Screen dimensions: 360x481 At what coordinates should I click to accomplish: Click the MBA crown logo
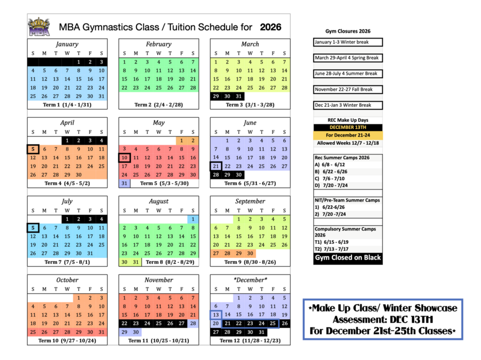39,27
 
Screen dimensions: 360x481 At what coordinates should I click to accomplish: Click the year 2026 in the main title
270,27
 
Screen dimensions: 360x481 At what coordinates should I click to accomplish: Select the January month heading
67,44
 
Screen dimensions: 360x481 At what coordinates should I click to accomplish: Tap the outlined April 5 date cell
33,149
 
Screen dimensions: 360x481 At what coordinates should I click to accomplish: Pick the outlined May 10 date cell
124,158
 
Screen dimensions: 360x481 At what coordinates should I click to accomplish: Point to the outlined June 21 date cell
216,166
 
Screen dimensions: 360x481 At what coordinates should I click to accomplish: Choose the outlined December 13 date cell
216,315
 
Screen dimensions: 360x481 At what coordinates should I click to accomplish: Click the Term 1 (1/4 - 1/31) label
67,104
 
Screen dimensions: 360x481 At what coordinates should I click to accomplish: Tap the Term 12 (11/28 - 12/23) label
250,341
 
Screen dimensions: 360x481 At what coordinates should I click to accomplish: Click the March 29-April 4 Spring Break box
347,58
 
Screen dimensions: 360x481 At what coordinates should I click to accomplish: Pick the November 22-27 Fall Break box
347,90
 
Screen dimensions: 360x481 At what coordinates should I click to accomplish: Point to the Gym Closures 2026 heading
348,31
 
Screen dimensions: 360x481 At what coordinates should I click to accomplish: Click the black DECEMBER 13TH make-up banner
348,128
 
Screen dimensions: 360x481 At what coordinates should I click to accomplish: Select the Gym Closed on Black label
348,258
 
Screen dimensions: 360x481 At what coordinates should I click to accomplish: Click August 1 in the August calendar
193,219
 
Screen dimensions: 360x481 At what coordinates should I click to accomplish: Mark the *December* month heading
250,280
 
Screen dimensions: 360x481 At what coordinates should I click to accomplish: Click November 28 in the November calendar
193,323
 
